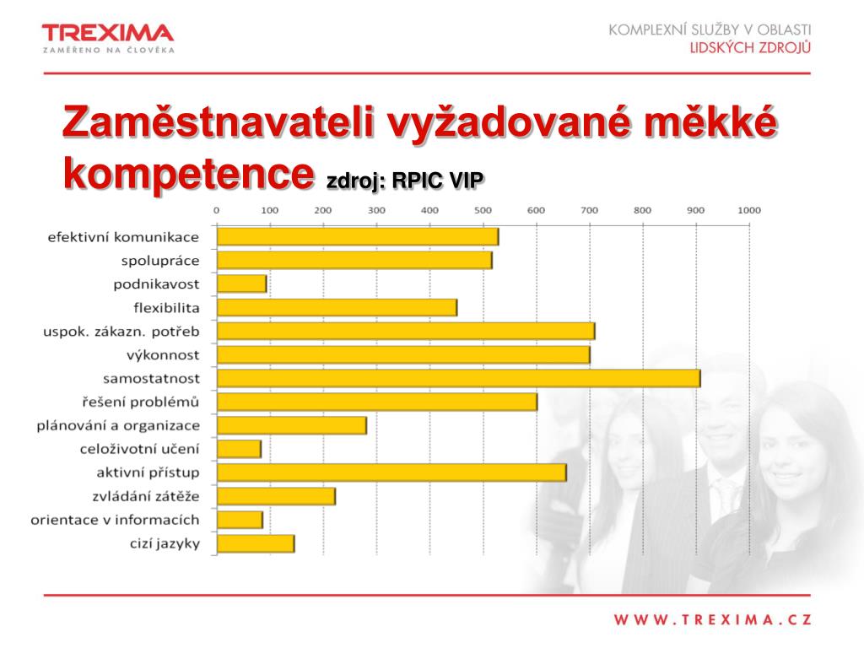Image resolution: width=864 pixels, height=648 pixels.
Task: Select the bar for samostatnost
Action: pos(458,379)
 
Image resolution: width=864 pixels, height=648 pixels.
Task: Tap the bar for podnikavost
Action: pos(241,283)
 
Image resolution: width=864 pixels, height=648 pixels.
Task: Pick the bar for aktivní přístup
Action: pos(391,472)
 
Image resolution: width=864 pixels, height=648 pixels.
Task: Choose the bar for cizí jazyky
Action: pos(256,543)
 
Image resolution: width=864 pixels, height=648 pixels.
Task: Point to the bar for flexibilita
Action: pos(337,307)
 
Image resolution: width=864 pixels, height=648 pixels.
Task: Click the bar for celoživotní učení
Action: pos(239,449)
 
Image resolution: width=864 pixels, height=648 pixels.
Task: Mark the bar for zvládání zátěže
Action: pos(276,496)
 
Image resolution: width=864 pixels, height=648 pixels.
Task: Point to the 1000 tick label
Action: pos(748,210)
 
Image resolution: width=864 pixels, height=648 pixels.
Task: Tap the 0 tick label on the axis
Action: pos(217,210)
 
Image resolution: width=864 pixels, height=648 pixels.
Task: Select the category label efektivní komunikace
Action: pos(123,237)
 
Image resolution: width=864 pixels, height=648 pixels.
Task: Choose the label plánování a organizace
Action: pos(118,426)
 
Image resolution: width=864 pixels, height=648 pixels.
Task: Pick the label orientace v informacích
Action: pos(116,520)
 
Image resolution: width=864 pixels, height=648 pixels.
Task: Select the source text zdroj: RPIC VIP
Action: pos(405,181)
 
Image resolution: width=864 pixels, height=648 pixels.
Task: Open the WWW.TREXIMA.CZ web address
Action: pos(712,620)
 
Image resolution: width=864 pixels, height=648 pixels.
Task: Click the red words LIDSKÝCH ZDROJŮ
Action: pos(749,47)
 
